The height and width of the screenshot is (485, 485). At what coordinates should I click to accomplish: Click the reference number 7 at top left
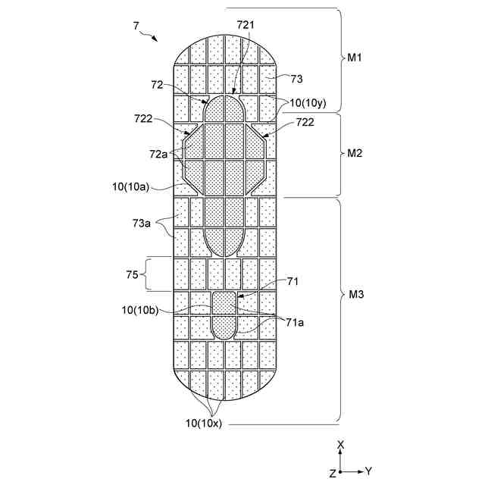click(x=136, y=26)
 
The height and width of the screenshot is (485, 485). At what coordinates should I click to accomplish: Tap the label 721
click(x=246, y=25)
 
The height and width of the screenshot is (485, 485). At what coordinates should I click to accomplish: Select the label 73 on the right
click(x=296, y=77)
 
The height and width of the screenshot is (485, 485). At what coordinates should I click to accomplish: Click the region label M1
click(x=355, y=59)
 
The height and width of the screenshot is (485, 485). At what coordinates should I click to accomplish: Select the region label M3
click(x=355, y=295)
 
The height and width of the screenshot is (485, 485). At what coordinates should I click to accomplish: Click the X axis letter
click(x=341, y=445)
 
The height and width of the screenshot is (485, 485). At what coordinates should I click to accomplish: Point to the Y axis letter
click(x=368, y=471)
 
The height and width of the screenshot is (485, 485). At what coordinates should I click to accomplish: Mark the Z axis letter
click(x=332, y=472)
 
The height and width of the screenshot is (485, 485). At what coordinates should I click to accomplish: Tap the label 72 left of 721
click(x=158, y=85)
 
